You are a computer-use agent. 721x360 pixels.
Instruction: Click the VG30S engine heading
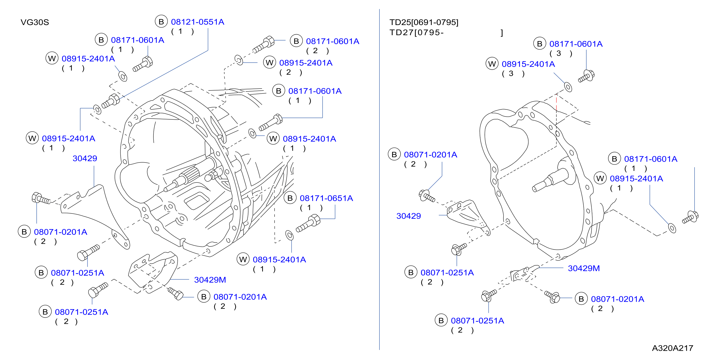(35, 22)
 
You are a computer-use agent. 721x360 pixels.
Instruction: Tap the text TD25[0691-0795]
(424, 22)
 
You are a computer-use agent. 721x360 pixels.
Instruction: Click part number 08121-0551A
(198, 22)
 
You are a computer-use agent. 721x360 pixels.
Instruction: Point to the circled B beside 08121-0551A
(161, 22)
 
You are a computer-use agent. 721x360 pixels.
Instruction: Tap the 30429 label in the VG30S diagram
(85, 158)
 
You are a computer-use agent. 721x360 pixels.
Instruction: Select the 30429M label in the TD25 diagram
(584, 268)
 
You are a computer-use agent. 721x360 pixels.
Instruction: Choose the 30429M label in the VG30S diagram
(210, 280)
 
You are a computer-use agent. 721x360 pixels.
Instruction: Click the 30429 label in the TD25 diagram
(409, 216)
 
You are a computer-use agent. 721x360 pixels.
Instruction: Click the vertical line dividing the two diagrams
(379, 179)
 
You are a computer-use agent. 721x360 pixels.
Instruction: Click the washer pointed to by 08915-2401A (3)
(568, 87)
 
